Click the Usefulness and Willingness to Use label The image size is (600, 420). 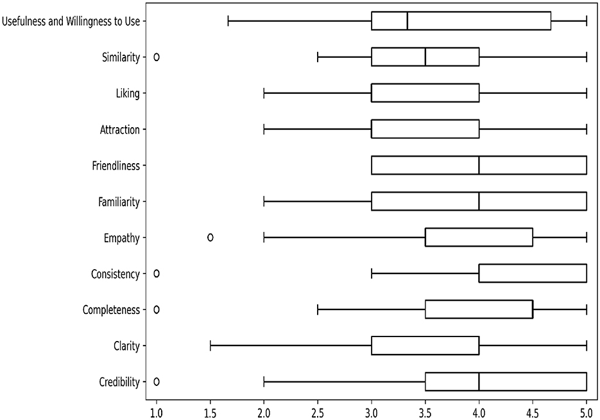pyautogui.click(x=71, y=21)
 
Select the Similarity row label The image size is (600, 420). pyautogui.click(x=121, y=57)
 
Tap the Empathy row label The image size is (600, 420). pyautogui.click(x=123, y=238)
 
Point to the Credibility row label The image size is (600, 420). pyautogui.click(x=119, y=382)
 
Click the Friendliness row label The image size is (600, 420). pyautogui.click(x=116, y=166)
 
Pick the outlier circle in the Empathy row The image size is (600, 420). pyautogui.click(x=210, y=238)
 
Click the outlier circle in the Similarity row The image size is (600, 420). pyautogui.click(x=157, y=57)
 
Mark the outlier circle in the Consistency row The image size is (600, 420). pyautogui.click(x=157, y=274)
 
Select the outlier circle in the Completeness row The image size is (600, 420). pyautogui.click(x=157, y=310)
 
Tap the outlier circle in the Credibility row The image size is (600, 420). pyautogui.click(x=157, y=381)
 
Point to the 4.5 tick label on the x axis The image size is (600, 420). pyautogui.click(x=533, y=408)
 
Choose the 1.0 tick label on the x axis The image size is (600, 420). pyautogui.click(x=157, y=408)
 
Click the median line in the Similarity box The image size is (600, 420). pyautogui.click(x=425, y=57)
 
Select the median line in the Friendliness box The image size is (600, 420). pyautogui.click(x=479, y=166)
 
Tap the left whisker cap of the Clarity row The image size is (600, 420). pyautogui.click(x=210, y=346)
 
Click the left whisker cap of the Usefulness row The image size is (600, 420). pyautogui.click(x=228, y=21)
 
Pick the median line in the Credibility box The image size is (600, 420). pyautogui.click(x=479, y=382)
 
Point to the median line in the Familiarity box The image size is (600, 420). pyautogui.click(x=479, y=202)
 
